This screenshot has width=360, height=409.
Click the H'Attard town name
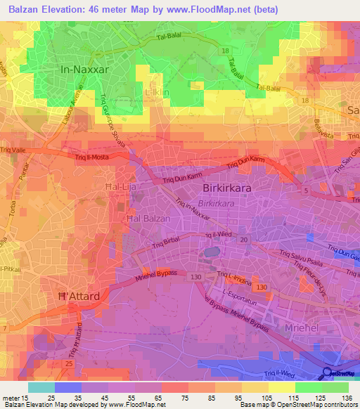(x=78, y=297)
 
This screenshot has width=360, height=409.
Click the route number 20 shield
(x=243, y=240)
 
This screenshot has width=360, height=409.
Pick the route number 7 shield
(x=5, y=329)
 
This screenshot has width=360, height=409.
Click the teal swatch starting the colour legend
(x=41, y=387)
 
